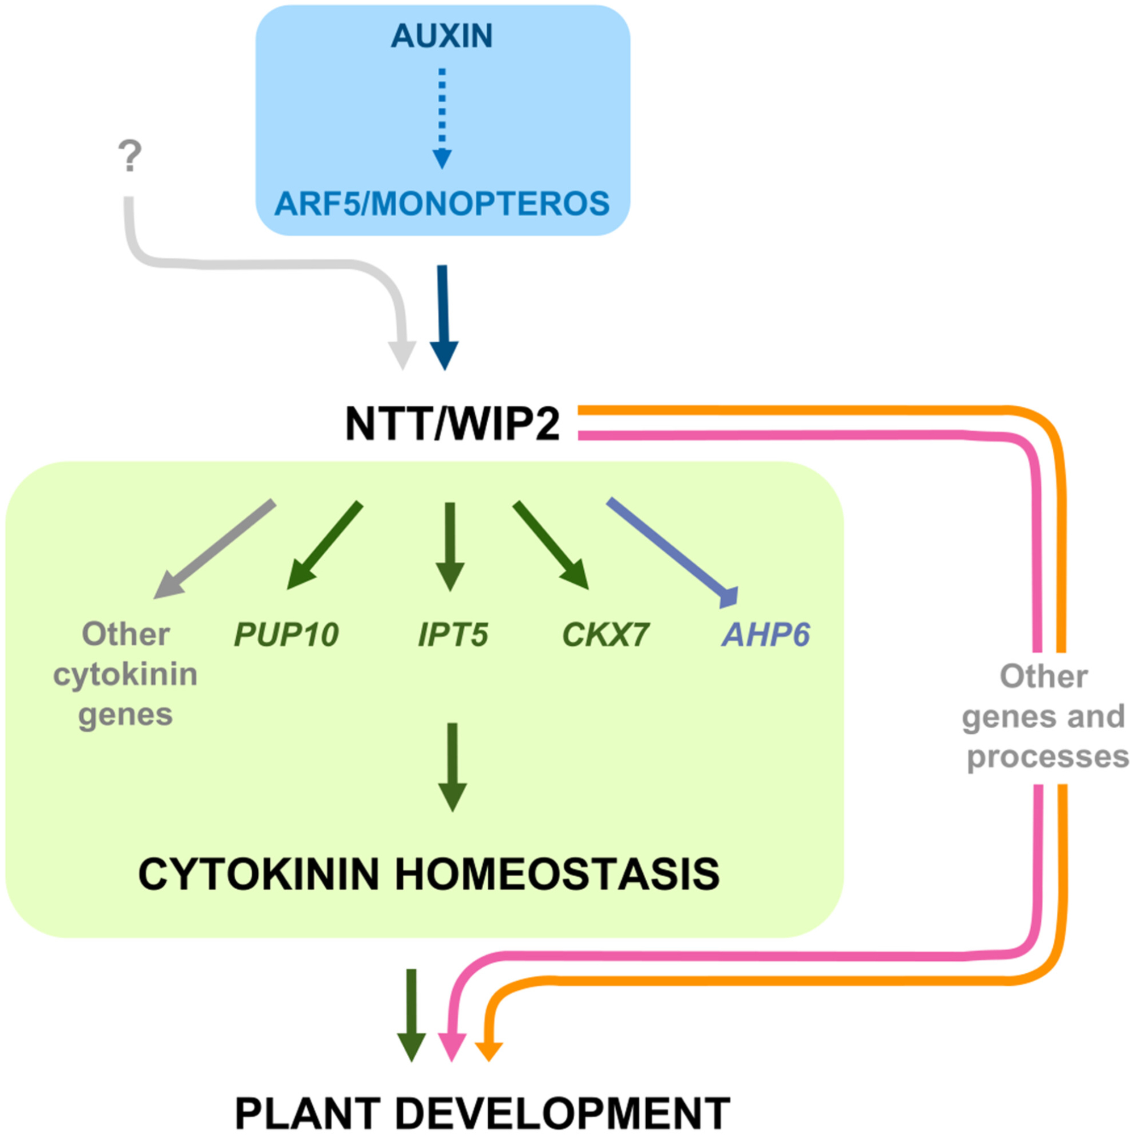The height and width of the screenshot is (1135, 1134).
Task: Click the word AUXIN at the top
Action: [x=441, y=36]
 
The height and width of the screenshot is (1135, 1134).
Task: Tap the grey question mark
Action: [x=130, y=156]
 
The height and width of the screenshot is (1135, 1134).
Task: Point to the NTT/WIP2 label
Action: [x=452, y=424]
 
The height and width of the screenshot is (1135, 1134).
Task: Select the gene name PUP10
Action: [x=286, y=634]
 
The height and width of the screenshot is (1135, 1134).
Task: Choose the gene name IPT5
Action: [x=453, y=634]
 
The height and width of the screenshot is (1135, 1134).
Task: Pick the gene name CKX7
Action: [x=606, y=634]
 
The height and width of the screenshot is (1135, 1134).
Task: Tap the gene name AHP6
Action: [x=766, y=634]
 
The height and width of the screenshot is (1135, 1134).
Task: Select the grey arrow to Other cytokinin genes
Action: [x=215, y=549]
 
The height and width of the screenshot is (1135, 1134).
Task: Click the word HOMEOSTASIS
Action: [x=556, y=874]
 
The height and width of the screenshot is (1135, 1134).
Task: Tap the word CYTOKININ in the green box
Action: [x=259, y=874]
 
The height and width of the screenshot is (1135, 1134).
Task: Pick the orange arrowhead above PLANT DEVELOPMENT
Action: [x=488, y=1050]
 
